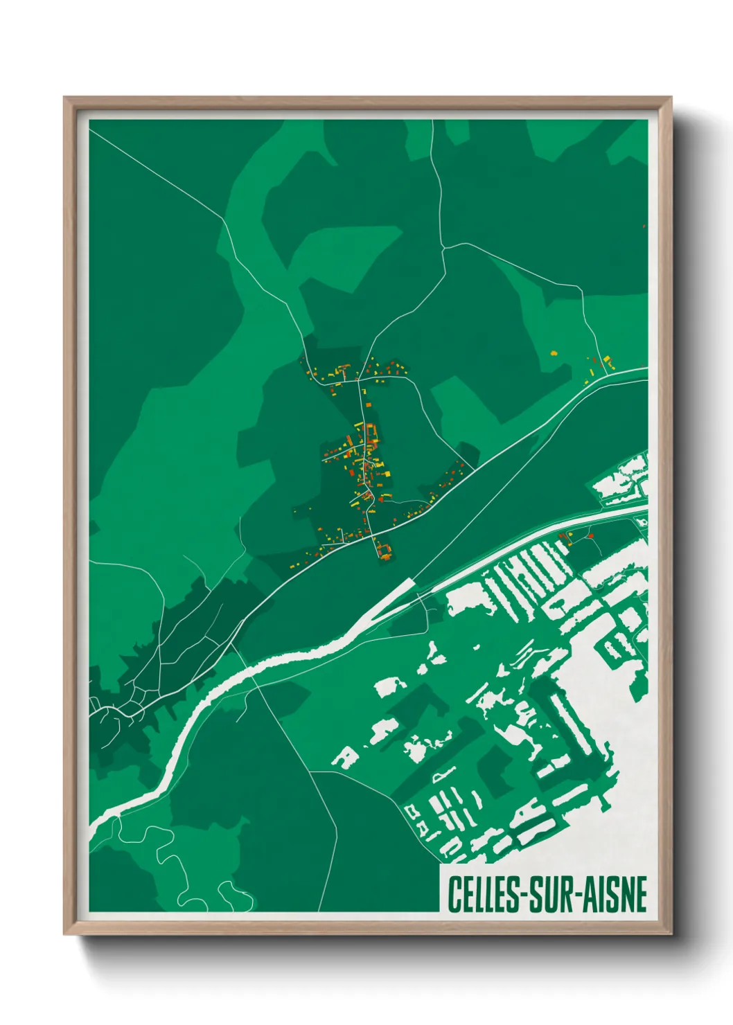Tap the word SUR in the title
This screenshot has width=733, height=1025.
pos(547,894)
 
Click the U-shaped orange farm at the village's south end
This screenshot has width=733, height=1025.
pos(385,551)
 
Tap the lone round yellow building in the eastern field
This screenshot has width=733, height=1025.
pos(554,353)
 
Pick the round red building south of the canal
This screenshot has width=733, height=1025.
pos(591,535)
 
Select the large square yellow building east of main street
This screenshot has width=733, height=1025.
pos(387,474)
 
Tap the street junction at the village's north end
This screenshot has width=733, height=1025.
pos(358,380)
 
